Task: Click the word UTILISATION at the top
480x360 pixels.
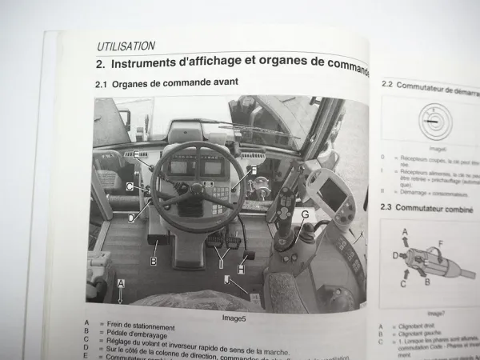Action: pos(126,46)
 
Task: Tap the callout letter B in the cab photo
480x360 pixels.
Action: pos(154,261)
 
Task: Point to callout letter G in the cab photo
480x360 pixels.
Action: pos(305,214)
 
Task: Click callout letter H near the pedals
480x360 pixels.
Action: pos(241,269)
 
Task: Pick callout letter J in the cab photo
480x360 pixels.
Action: pos(226,280)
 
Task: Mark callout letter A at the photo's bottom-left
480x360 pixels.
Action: pos(121,283)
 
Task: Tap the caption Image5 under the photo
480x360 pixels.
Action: pos(229,317)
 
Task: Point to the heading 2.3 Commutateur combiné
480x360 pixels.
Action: pos(425,208)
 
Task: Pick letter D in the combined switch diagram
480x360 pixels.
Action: pos(394,255)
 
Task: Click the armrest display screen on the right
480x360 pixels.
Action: pos(332,191)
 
